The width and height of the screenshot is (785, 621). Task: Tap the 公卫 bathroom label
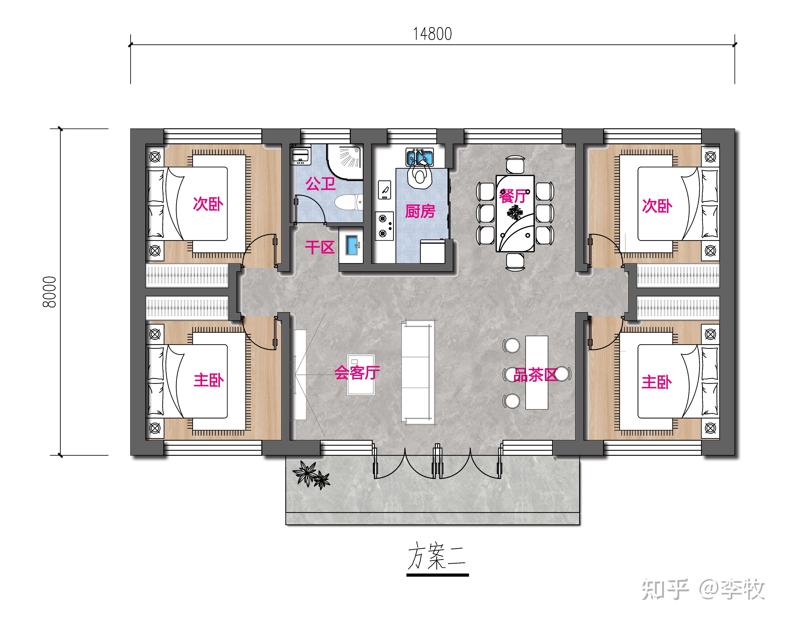[320, 184]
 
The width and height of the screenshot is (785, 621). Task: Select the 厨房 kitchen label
[420, 211]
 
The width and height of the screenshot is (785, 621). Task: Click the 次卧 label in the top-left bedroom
[208, 204]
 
